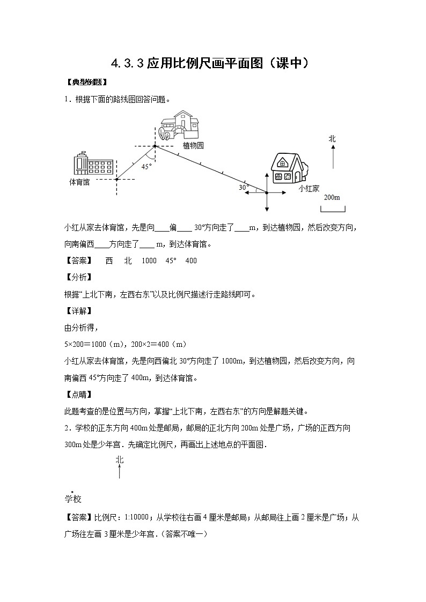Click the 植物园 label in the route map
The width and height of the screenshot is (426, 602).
pos(193,145)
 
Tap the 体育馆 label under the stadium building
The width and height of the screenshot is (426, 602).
pos(79,182)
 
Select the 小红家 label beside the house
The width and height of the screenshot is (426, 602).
pos(309,188)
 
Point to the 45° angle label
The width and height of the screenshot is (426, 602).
pos(146,167)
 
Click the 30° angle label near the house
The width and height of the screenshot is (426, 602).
pos(244,188)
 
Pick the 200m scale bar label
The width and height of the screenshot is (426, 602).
pos(332,197)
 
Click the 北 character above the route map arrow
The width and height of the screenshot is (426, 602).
pos(332,139)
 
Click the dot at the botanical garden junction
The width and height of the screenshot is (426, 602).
pos(155,145)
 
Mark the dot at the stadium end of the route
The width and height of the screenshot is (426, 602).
pos(117,179)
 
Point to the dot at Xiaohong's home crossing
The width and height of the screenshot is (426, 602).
pos(267,192)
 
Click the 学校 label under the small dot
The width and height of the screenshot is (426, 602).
pos(72,500)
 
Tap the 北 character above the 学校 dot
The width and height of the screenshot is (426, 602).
pos(119,460)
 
